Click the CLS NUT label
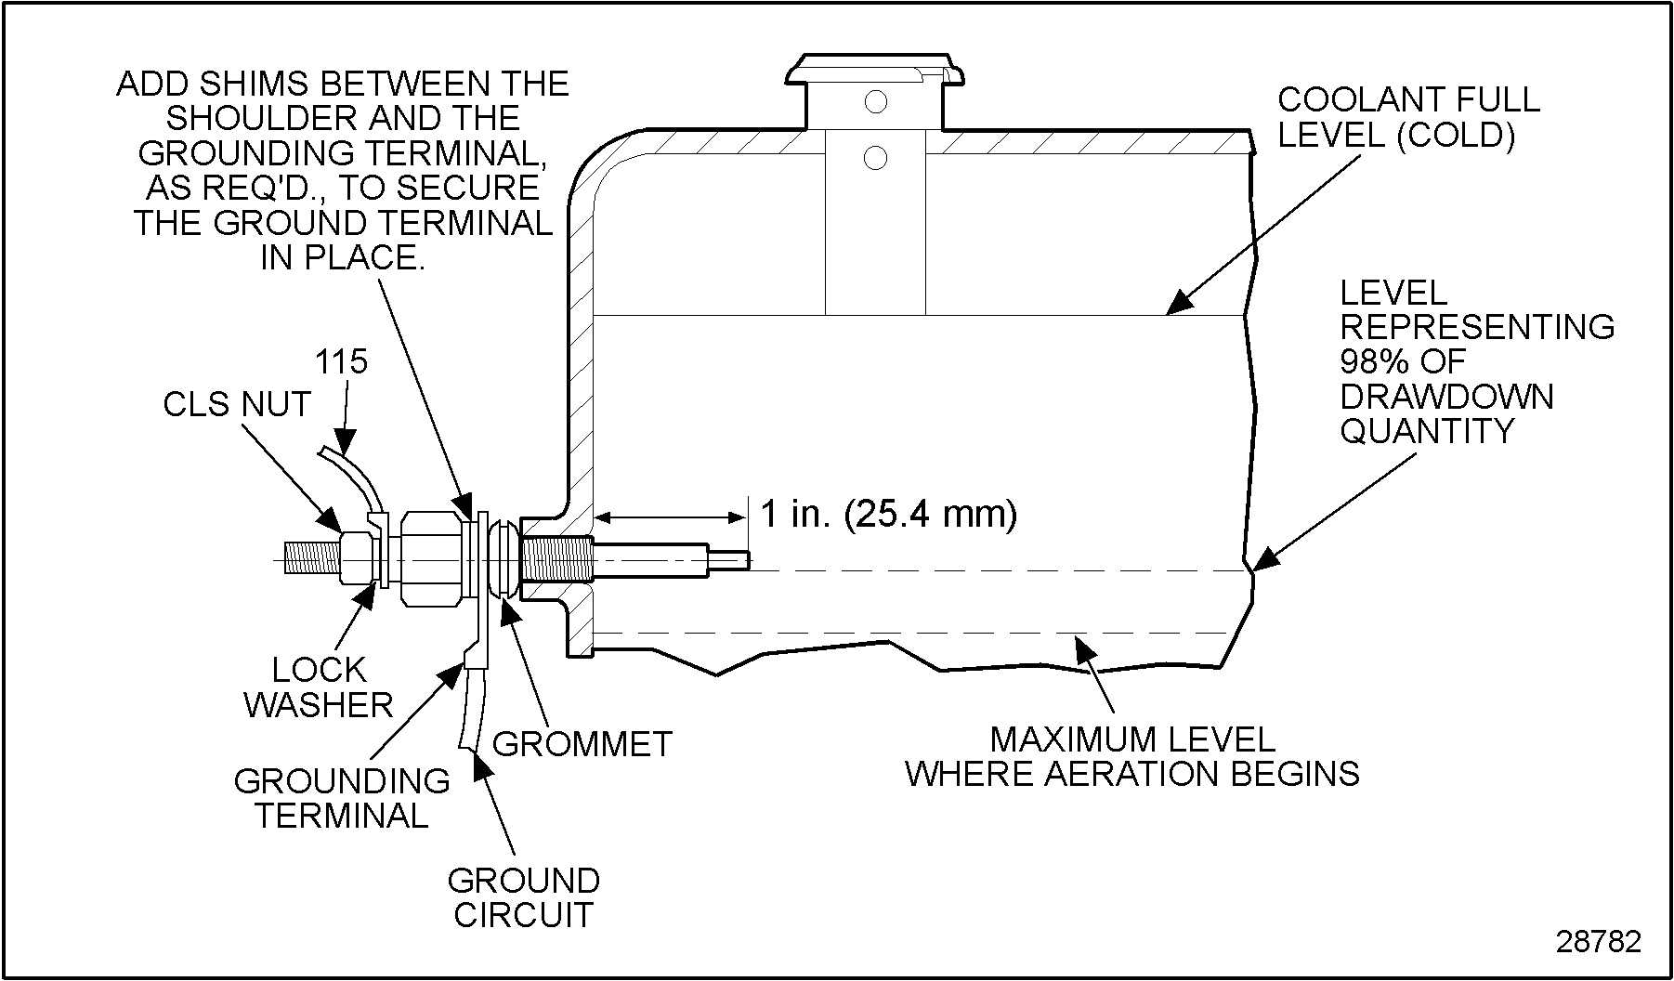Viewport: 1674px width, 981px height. [x=236, y=405]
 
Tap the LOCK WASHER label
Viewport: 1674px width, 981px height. [x=319, y=687]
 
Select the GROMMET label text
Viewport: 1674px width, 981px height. [x=582, y=744]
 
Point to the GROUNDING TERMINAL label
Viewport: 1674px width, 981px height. [x=342, y=798]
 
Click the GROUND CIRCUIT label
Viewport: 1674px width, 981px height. [x=523, y=897]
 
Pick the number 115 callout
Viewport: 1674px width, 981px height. [x=341, y=361]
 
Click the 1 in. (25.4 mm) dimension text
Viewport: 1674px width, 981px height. [x=888, y=513]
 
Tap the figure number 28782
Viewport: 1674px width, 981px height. [x=1598, y=941]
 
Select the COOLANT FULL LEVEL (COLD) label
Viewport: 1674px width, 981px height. [x=1408, y=117]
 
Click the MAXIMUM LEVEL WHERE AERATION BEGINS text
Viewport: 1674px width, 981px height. [x=1132, y=756]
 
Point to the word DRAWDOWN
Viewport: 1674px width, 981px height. [x=1446, y=397]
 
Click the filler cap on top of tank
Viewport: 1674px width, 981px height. [x=873, y=71]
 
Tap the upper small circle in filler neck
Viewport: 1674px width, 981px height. [x=875, y=101]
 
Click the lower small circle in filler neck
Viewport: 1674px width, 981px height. [x=875, y=158]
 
